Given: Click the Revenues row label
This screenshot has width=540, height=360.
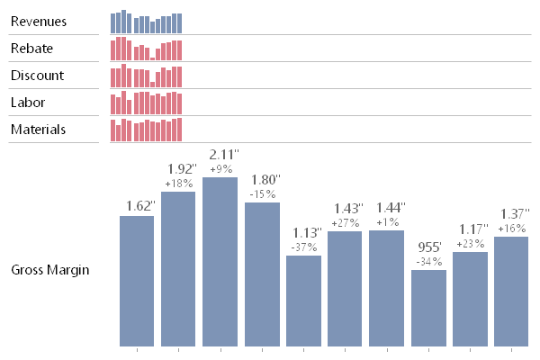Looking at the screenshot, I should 37,22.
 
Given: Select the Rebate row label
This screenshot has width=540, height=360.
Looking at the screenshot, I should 31,49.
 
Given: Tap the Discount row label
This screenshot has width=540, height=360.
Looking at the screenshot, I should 35,76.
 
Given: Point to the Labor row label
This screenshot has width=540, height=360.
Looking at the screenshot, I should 28,103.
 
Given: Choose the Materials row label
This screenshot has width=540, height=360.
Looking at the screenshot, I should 38,130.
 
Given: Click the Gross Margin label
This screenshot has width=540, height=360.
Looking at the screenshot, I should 49,270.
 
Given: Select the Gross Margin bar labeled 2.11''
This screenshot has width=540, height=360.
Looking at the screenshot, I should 220,261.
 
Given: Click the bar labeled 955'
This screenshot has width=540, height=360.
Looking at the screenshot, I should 428,308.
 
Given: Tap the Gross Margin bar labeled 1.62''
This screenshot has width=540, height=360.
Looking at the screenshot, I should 137,281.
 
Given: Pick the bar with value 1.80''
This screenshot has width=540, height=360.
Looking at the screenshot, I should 262,274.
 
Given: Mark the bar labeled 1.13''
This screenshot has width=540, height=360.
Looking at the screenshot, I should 303,301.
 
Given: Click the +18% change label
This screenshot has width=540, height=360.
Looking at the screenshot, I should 178,184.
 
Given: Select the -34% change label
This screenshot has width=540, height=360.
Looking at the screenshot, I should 428,262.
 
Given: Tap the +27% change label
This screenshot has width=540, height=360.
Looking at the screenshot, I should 346,223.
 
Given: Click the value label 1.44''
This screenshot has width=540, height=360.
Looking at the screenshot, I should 387,208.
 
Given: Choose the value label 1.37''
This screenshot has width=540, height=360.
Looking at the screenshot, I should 511,214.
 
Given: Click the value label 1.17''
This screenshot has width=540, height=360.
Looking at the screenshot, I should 470,229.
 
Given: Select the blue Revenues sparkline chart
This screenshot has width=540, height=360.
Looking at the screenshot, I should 146,22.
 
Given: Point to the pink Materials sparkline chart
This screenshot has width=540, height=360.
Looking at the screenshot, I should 146,130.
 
